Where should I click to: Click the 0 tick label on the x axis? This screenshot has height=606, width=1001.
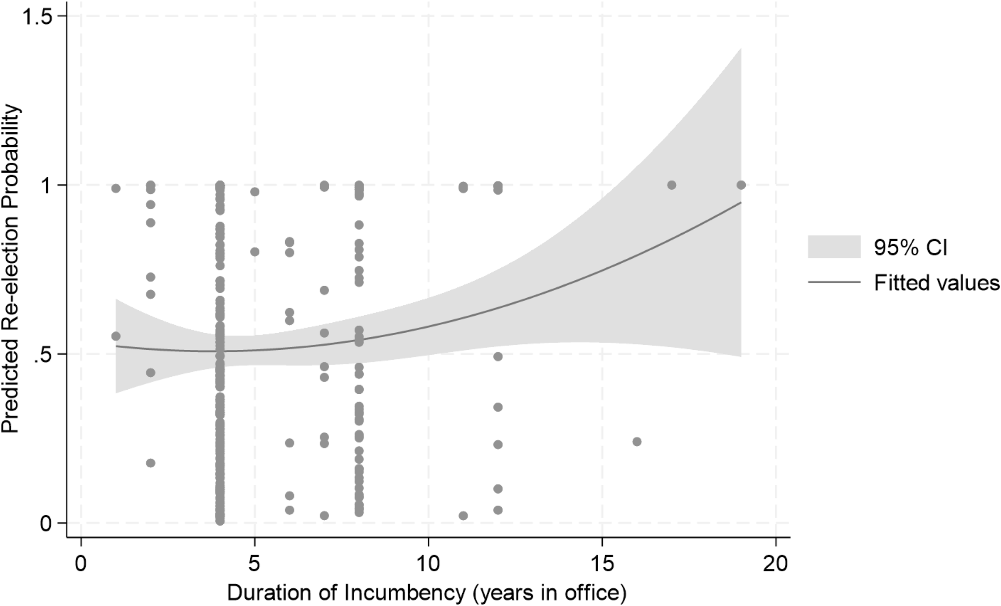[81, 564]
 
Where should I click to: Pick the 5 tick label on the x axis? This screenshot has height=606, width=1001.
[255, 564]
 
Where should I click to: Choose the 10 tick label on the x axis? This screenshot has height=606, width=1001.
[429, 564]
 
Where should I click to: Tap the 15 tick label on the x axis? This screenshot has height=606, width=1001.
[602, 564]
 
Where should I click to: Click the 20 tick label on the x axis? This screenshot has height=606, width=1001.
[776, 564]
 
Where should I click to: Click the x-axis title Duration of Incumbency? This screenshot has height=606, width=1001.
[426, 593]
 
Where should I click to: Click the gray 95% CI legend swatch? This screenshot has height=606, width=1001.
[834, 247]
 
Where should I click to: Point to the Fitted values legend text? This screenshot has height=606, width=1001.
[936, 282]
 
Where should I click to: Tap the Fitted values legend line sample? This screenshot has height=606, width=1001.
[834, 282]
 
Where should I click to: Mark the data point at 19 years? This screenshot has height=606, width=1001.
[741, 185]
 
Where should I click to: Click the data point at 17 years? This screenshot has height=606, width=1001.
[671, 185]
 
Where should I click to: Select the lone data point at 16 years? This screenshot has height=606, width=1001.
[637, 442]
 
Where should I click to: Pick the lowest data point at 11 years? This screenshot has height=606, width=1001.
[463, 516]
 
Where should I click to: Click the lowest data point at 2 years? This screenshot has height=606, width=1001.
[151, 463]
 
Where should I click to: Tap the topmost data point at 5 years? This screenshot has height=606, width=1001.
[255, 192]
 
